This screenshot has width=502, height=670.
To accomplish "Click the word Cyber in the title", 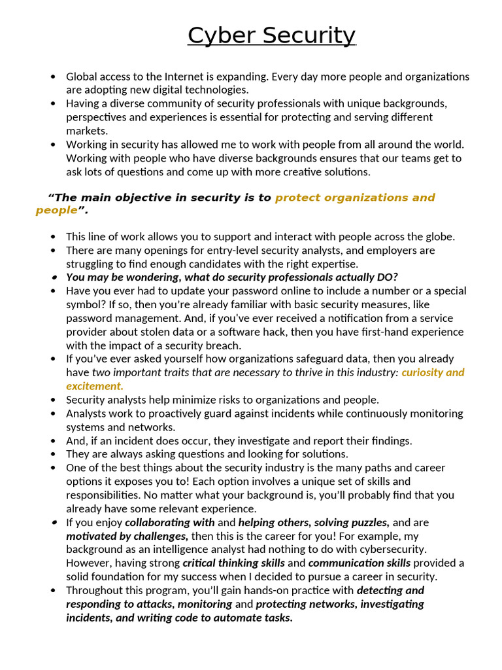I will [x=220, y=35].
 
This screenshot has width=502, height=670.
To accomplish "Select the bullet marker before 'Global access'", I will [x=53, y=77].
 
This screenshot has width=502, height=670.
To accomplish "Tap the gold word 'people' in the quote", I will [x=56, y=211].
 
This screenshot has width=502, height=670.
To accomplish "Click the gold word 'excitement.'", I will [x=95, y=386].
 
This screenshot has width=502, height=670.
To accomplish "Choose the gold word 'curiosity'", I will [x=423, y=372].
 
